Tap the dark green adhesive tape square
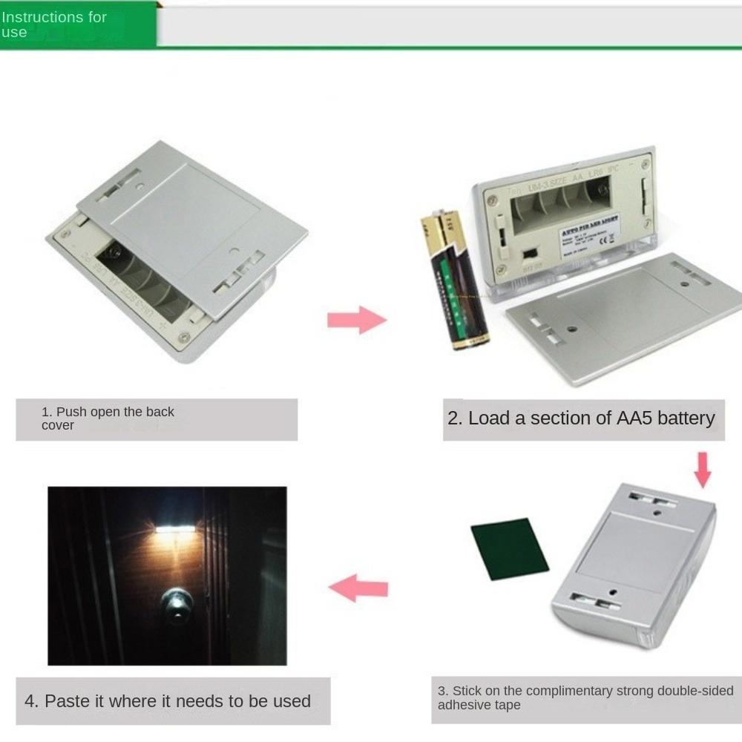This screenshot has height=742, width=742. [510, 549]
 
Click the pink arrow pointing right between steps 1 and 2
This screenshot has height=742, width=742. [357, 320]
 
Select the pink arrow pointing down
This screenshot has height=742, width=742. [702, 470]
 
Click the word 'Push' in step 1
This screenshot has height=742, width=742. [72, 412]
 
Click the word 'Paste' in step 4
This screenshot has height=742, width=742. [62, 701]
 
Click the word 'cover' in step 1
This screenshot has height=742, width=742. [58, 426]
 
